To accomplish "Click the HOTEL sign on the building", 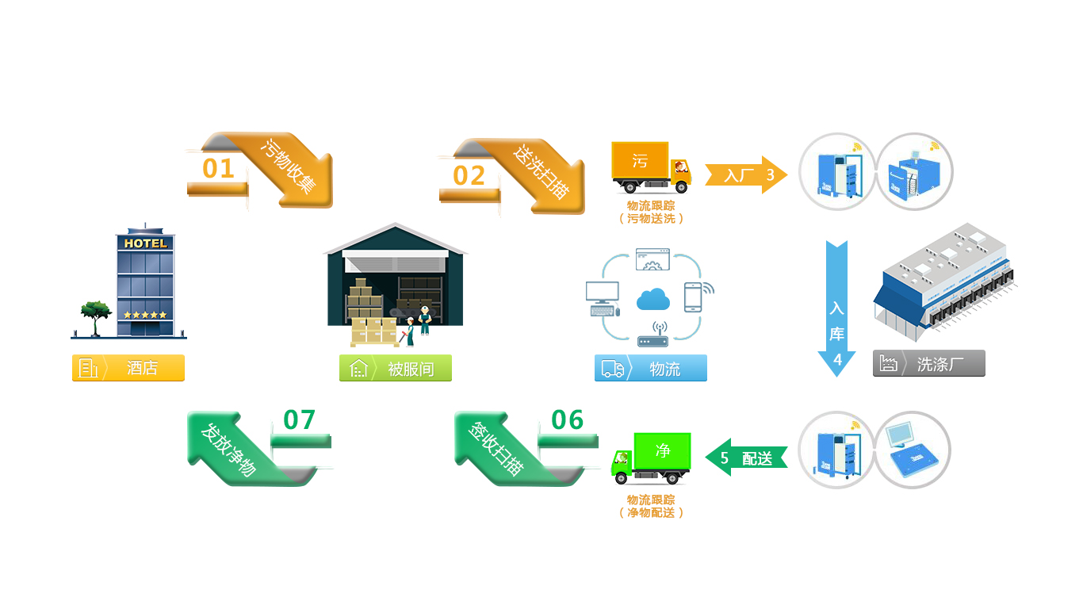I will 145,243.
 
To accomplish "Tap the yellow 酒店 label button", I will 128,368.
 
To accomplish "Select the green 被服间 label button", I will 396,368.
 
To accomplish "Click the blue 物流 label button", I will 650,368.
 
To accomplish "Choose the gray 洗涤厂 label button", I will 928,364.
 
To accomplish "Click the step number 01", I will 219,169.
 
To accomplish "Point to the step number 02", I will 469,175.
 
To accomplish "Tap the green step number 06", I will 567,420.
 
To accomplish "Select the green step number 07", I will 299,420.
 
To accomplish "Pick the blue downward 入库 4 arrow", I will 837,309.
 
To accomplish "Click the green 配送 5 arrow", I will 746,458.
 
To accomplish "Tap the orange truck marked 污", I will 650,168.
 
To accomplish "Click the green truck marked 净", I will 651,458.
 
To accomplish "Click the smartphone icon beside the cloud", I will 694,297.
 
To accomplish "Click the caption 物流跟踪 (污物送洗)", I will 650,212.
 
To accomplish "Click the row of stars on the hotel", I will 145,315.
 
